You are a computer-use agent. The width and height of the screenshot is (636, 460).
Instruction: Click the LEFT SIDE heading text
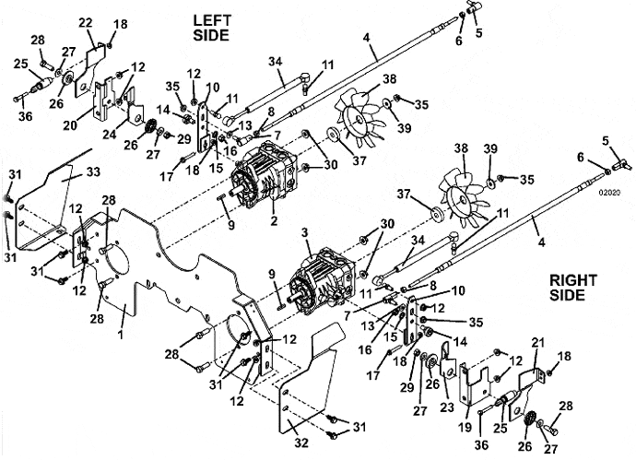pos(212,28)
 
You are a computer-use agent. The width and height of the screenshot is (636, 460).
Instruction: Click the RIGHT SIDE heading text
pos(573,288)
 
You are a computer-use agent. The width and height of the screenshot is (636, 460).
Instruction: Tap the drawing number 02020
pos(609,193)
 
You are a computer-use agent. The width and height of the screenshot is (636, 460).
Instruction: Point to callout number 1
pos(121,334)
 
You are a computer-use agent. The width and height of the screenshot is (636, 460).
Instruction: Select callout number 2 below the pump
pos(274,220)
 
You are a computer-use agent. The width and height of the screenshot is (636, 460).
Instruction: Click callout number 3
pos(305,233)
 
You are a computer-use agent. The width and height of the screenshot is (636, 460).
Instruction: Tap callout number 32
pos(301,443)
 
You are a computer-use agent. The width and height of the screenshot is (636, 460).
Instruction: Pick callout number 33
pos(93,172)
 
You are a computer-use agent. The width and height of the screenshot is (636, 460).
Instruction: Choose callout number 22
pos(86,24)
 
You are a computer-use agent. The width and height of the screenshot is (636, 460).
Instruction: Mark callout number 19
pos(465,427)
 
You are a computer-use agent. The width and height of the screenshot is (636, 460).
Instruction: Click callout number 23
pos(446,407)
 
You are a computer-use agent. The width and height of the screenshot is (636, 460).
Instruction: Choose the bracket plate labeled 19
pos(472,383)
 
